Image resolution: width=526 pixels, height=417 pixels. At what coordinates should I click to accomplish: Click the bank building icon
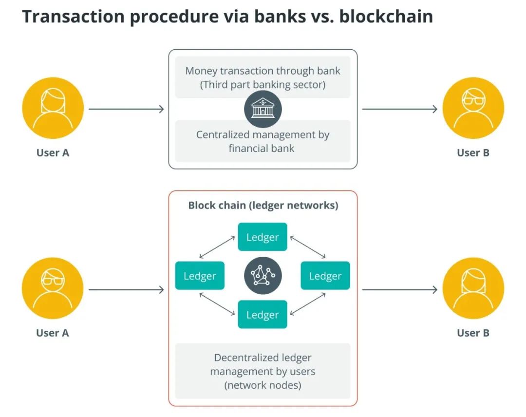point(263,109)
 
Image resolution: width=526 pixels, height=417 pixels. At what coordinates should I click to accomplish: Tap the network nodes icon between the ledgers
point(263,275)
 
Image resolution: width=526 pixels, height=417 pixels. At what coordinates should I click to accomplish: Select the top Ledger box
point(263,237)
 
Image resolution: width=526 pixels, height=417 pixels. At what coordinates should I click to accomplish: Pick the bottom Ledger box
point(263,314)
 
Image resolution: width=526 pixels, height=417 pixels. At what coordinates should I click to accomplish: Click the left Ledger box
point(200,276)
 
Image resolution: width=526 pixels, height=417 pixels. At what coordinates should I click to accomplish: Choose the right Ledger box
point(325,276)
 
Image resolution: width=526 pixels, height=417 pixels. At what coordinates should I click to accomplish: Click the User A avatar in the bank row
point(53,109)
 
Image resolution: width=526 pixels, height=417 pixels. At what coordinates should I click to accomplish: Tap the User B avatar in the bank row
point(473,109)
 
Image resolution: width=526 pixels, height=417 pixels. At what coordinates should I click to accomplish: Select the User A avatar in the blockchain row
point(53,289)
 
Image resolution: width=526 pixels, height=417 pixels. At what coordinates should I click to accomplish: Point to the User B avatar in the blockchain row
point(473,289)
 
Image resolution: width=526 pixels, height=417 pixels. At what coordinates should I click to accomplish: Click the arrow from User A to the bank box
point(126,109)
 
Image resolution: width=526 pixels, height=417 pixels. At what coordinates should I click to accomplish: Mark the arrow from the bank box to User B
point(400,109)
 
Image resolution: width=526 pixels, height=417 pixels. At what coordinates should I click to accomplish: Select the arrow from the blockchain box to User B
point(400,290)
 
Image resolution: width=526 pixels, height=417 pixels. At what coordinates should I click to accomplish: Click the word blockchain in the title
point(386,17)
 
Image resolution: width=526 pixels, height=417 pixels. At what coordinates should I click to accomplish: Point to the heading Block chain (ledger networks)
point(263,205)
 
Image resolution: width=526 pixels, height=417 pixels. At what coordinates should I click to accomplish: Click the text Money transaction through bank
point(263,71)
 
